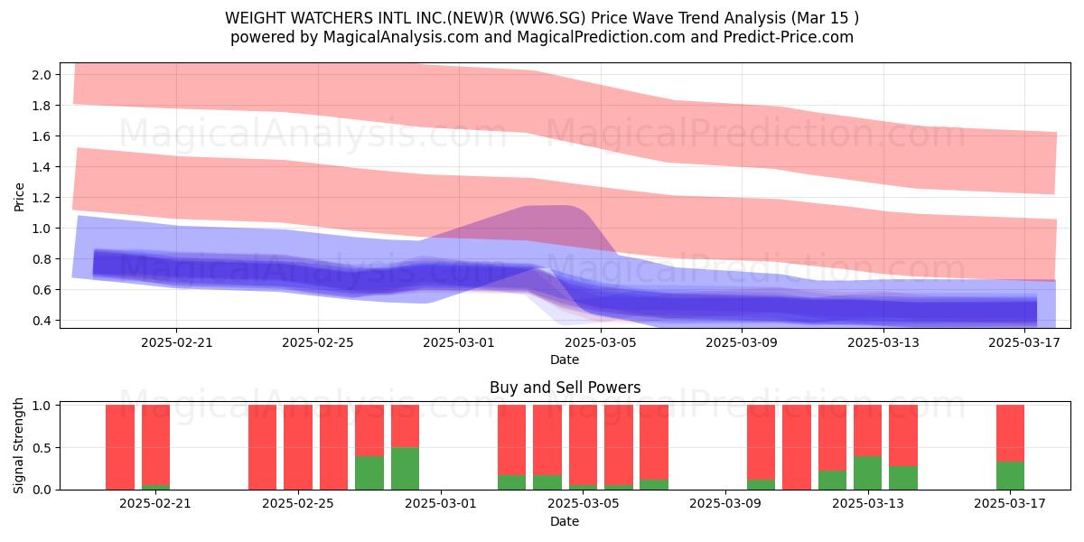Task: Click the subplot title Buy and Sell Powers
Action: [565, 388]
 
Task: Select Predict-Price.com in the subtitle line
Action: [789, 37]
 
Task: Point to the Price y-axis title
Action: [19, 198]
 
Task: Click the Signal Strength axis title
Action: [18, 446]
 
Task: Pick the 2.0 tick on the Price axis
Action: [42, 75]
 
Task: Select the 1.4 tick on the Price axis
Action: [42, 167]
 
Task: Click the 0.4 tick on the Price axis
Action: [42, 321]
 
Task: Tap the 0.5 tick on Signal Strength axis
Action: [42, 448]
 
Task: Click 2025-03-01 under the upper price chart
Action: [459, 343]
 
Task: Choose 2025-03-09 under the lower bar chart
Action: [724, 504]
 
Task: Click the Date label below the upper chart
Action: [565, 360]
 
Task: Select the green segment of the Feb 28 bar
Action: [405, 469]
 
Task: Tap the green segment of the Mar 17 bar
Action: [1010, 476]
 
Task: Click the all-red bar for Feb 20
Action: [120, 447]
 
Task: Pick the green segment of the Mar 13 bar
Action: [868, 472]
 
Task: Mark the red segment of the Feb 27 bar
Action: [369, 431]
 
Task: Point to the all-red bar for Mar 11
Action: [797, 447]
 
